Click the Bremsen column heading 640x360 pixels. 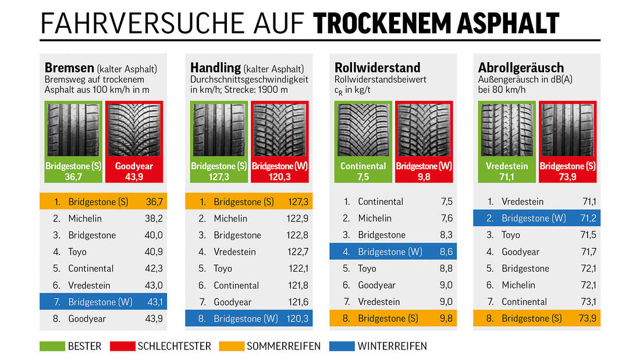70,68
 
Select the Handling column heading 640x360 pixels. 215,68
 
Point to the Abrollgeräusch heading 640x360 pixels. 521,68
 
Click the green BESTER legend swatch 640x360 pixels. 52,346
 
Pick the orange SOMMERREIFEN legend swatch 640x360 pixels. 232,346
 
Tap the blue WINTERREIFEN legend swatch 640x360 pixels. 342,346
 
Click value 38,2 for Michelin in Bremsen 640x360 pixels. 154,219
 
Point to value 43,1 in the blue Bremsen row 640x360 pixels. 154,302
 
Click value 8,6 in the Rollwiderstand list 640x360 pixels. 446,252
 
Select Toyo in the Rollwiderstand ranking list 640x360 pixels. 367,269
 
